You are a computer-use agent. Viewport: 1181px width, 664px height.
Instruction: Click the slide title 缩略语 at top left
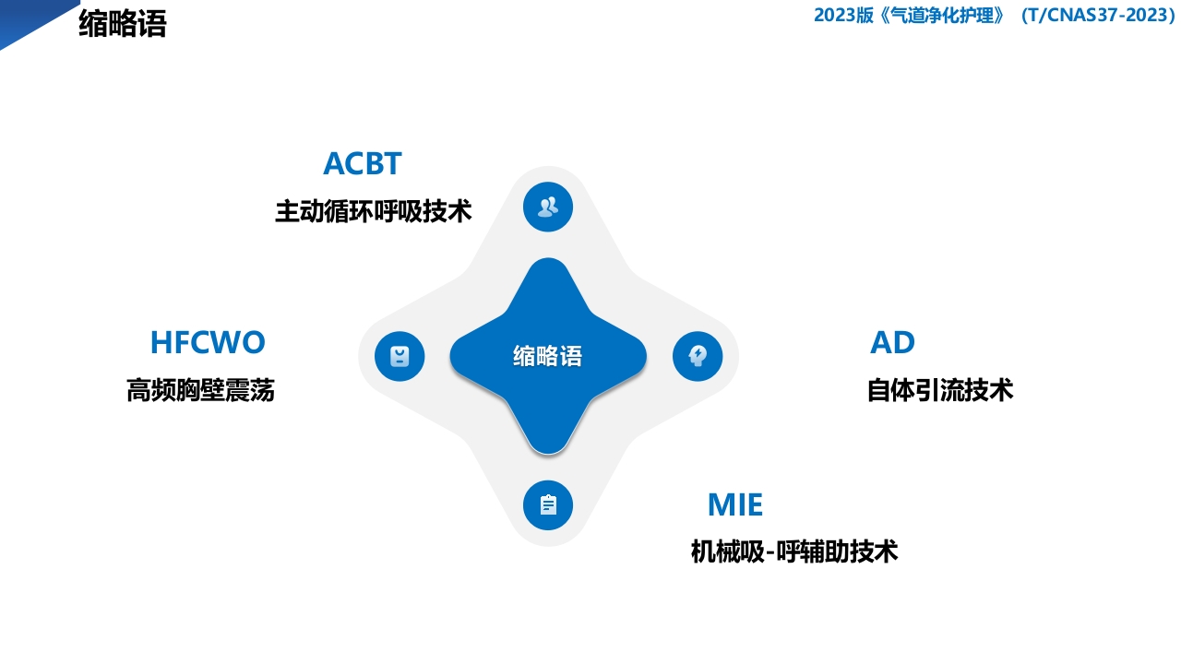[123, 24]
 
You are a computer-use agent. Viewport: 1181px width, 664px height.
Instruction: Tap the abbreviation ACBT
[363, 163]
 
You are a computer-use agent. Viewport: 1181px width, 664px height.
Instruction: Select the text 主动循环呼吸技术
[373, 211]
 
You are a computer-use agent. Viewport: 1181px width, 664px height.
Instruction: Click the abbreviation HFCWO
[208, 342]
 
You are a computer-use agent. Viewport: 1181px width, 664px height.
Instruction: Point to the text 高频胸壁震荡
[200, 391]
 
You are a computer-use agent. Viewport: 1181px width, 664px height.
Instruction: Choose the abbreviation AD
[892, 342]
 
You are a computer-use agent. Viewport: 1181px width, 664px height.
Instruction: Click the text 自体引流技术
[939, 390]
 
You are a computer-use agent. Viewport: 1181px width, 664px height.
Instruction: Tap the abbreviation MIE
[735, 504]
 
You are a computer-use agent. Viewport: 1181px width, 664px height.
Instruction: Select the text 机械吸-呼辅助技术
[793, 551]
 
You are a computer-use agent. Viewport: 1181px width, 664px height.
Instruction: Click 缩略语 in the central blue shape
[548, 356]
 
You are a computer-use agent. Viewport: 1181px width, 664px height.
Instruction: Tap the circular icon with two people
[548, 207]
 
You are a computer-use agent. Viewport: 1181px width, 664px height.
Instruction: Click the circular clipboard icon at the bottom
[548, 505]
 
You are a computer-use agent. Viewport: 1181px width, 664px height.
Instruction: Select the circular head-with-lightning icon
[698, 356]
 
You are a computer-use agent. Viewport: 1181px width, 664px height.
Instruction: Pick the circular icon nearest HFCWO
[400, 356]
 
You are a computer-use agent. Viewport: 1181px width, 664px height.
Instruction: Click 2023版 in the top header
[843, 16]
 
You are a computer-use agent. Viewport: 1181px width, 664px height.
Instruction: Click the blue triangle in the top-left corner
[28, 18]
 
